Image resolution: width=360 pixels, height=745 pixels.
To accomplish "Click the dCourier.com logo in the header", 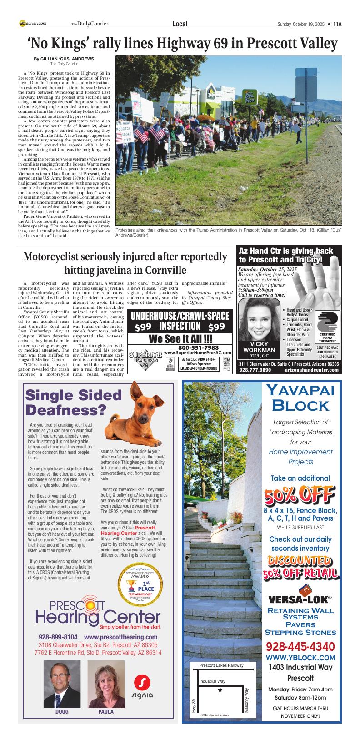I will pos(33,24).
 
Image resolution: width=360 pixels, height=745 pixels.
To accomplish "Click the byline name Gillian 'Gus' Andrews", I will pos(64,59).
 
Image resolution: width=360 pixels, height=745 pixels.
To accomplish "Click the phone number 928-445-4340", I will pos(300,646).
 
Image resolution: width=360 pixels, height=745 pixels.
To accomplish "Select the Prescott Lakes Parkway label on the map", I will pos(221,665).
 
